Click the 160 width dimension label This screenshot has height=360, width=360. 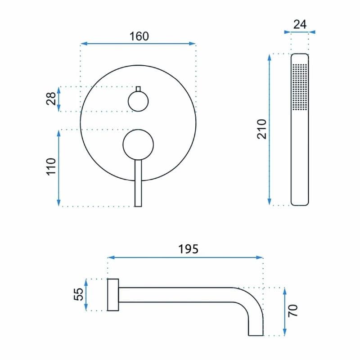tap(139, 36)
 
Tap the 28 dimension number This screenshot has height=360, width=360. tap(51, 99)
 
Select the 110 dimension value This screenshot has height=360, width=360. tap(51, 166)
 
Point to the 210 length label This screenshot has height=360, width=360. tap(261, 129)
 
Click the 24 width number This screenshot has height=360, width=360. tap(300, 24)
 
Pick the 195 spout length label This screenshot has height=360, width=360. tap(188, 249)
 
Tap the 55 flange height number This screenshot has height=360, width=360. tap(78, 294)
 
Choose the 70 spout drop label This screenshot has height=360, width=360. tap(293, 311)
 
